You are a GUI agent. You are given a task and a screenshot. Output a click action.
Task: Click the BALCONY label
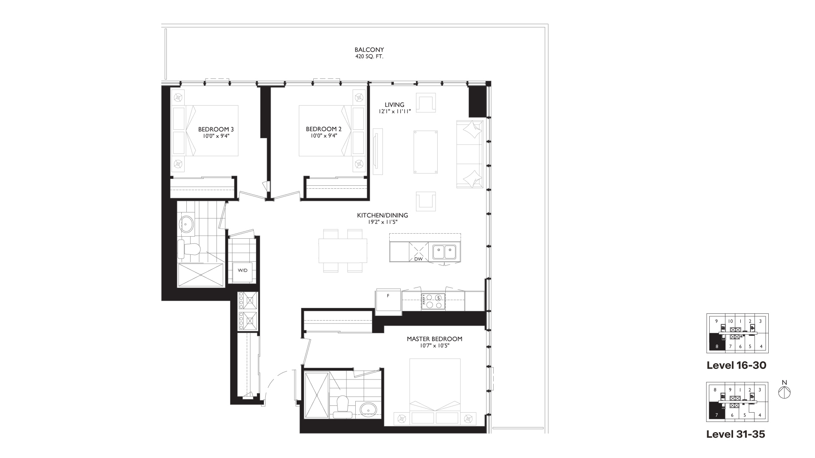(369, 50)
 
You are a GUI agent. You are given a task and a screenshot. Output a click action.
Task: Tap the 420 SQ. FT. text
(369, 56)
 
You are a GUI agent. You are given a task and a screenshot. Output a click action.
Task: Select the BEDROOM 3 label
(216, 129)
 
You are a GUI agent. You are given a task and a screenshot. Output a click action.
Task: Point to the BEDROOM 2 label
(324, 129)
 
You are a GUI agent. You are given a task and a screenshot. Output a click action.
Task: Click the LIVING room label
(395, 105)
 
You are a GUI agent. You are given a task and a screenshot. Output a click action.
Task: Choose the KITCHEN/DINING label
(382, 215)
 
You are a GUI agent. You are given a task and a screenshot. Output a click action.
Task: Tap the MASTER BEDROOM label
(434, 339)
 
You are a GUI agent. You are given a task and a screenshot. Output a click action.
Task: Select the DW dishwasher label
(419, 259)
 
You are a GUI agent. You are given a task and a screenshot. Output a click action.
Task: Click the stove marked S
(433, 301)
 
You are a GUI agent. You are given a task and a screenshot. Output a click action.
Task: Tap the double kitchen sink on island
(444, 252)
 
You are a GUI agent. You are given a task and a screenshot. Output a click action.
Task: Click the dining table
(343, 251)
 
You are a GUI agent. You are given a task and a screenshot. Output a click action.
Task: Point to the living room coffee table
(425, 152)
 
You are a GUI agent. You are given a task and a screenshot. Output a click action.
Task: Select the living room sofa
(469, 154)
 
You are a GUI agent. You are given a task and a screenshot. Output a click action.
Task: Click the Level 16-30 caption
(736, 365)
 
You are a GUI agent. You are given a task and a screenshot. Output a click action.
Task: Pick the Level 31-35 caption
(736, 434)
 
